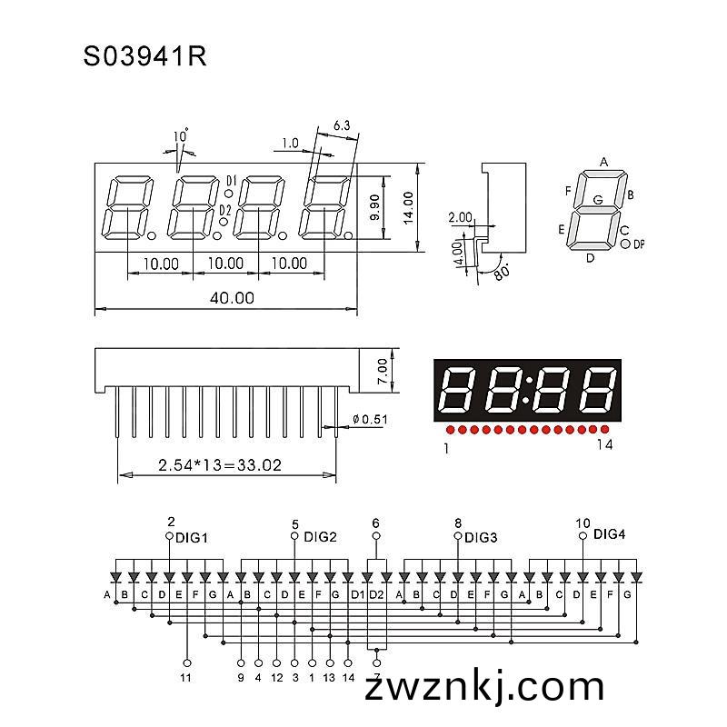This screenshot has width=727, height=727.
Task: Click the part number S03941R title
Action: point(144,57)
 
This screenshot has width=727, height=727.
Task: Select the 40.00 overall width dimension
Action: point(232,298)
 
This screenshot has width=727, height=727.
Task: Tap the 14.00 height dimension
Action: point(408,208)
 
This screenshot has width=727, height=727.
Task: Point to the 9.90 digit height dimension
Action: point(375,207)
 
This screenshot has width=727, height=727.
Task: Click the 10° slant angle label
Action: point(181,135)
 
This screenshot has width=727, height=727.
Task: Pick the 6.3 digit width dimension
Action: point(342,125)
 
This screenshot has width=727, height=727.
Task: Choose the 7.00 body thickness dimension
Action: point(382,371)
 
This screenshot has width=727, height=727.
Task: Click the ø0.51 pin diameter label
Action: point(370,419)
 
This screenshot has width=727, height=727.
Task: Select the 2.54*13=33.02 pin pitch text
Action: point(220,464)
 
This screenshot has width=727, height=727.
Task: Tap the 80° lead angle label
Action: point(502,271)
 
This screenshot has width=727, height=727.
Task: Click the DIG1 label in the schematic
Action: point(192,538)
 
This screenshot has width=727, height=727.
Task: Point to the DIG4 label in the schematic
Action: point(609,534)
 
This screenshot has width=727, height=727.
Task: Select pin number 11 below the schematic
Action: point(185,678)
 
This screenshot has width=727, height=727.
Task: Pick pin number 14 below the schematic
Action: point(348,678)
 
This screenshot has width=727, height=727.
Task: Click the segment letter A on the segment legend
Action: point(603,162)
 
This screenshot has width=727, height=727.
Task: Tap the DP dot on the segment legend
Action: point(625,244)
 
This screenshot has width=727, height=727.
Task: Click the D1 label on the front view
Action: point(232,180)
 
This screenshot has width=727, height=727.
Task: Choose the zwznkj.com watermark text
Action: point(484,687)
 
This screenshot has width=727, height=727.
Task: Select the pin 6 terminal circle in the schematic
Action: point(376,536)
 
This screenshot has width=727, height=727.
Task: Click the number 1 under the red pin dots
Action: point(446,448)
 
